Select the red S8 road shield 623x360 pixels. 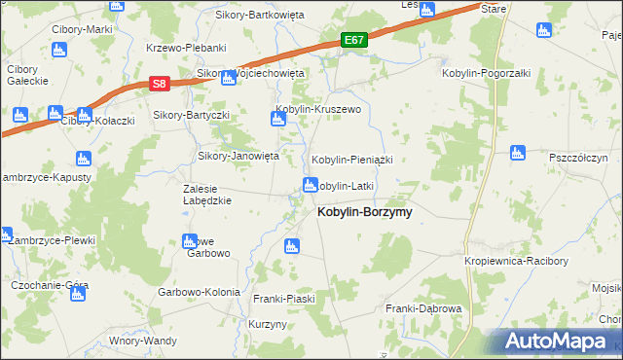[161, 86]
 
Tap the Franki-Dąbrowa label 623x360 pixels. [423, 308]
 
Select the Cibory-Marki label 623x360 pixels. [83, 29]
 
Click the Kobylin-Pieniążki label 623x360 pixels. [351, 159]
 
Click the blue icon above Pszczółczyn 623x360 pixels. [519, 152]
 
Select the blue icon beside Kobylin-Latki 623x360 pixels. [311, 185]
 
